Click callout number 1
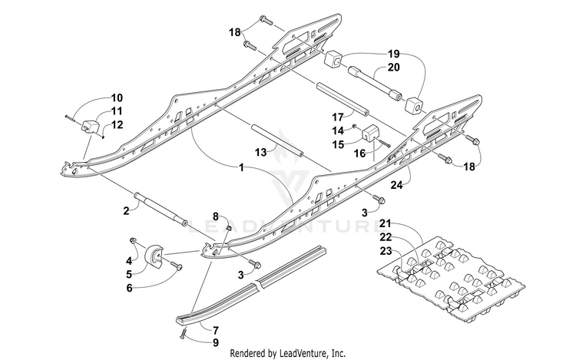(x=241, y=167)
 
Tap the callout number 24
(x=396, y=185)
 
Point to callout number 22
(x=386, y=237)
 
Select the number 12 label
(x=117, y=125)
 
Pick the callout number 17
(x=338, y=117)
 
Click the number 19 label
(x=393, y=54)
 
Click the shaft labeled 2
(x=161, y=209)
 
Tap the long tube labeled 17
(x=343, y=99)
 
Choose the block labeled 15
(x=370, y=133)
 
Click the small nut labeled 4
(x=134, y=241)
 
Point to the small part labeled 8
(x=228, y=228)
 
